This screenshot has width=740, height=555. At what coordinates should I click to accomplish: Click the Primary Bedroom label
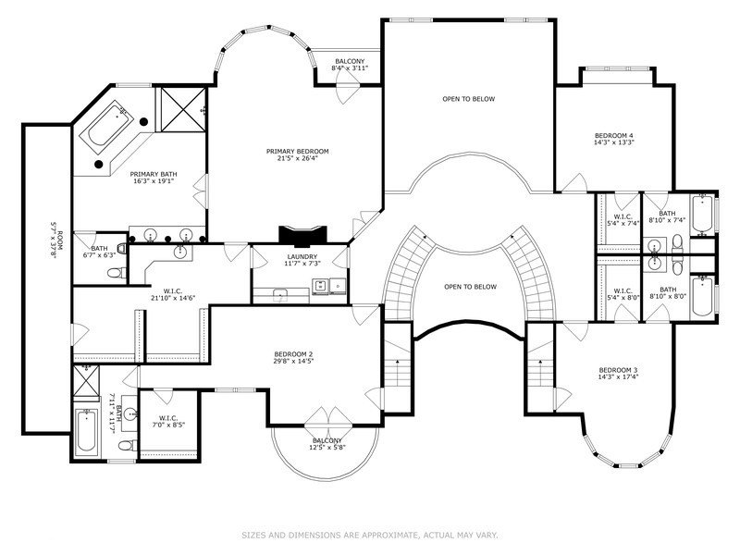tap(297, 152)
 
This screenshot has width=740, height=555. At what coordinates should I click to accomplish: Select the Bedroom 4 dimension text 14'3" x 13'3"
tap(613, 142)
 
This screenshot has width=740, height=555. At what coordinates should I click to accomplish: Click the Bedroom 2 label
tap(293, 354)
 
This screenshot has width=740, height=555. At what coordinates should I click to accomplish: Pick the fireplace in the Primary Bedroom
tap(302, 237)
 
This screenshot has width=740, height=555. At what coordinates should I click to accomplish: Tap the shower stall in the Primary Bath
tap(180, 109)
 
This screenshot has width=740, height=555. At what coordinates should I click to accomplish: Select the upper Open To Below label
tap(469, 99)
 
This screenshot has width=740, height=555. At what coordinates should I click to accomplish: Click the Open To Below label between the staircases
tap(471, 287)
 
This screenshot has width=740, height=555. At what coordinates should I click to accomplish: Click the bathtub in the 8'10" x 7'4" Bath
tap(702, 216)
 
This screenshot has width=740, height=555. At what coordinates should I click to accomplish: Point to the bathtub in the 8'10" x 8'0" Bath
tap(702, 296)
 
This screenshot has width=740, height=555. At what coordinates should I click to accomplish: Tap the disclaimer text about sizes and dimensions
tap(370, 536)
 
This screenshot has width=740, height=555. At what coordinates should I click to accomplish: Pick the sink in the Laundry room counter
tap(281, 295)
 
